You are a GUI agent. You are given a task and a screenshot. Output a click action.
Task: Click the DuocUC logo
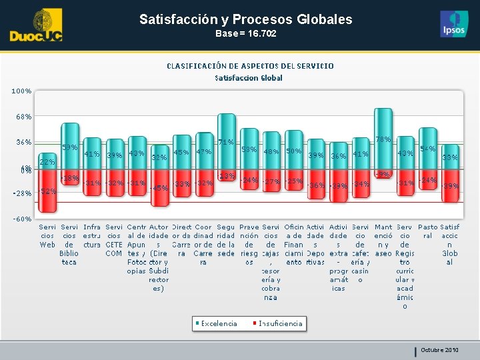(x=36, y=26)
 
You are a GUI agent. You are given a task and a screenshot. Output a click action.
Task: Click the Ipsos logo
(x=454, y=24)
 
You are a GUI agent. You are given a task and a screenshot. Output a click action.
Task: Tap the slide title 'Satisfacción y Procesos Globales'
(x=245, y=19)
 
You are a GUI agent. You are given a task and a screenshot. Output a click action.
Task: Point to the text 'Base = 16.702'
(x=245, y=33)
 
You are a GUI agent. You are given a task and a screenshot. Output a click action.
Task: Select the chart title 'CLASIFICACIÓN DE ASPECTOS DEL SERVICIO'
(x=249, y=66)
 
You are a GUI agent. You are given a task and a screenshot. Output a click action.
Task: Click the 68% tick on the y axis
(x=23, y=117)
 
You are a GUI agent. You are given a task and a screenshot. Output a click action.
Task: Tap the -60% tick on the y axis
(x=22, y=219)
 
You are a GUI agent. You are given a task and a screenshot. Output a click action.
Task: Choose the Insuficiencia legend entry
(x=280, y=323)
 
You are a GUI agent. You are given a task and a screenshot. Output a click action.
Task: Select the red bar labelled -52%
(x=47, y=190)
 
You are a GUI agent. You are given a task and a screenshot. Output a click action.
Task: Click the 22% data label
(x=47, y=162)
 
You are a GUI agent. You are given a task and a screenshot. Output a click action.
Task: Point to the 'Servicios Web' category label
(x=47, y=236)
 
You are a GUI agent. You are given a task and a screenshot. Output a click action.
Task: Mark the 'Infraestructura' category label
(x=92, y=236)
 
